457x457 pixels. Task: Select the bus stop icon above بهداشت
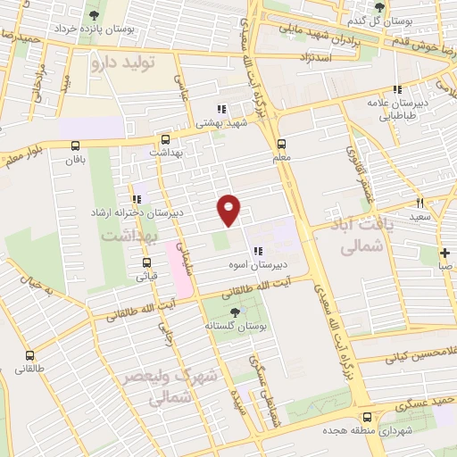click(165, 139)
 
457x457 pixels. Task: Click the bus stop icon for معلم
click(282, 143)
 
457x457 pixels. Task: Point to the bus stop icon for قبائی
click(146, 262)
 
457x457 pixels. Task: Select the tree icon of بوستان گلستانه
click(234, 312)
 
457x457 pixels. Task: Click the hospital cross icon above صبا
click(445, 253)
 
